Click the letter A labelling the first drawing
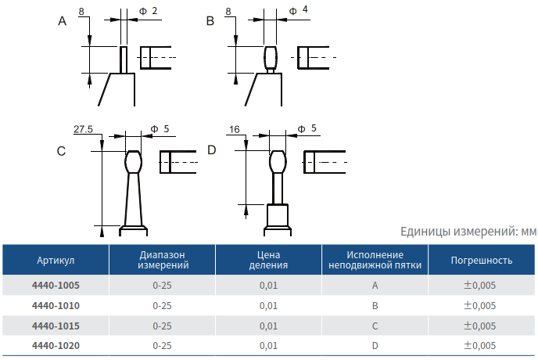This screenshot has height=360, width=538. [62, 21]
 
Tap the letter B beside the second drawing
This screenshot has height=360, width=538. [210, 21]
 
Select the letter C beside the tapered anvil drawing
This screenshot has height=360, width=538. [61, 151]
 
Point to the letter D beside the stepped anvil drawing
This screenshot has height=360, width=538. [212, 149]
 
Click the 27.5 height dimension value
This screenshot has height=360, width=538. [83, 129]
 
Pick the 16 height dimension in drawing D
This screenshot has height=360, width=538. [235, 129]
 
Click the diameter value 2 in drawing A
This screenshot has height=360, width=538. [154, 11]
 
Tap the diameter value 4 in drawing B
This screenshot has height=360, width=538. [305, 9]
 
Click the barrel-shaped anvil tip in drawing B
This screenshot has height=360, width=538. [270, 57]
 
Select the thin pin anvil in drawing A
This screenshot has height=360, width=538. [124, 59]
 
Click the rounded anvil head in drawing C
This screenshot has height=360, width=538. [133, 162]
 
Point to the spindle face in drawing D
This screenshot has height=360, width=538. [309, 162]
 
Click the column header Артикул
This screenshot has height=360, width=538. [56, 261]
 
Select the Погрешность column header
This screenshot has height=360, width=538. [482, 261]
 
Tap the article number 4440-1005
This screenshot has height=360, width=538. [56, 285]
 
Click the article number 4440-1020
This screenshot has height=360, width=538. [56, 346]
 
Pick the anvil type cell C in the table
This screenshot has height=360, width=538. [375, 326]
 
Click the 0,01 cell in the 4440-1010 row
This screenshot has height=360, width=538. [268, 306]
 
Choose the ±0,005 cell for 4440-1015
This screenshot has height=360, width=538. [479, 326]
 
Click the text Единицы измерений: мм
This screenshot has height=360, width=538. [468, 232]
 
